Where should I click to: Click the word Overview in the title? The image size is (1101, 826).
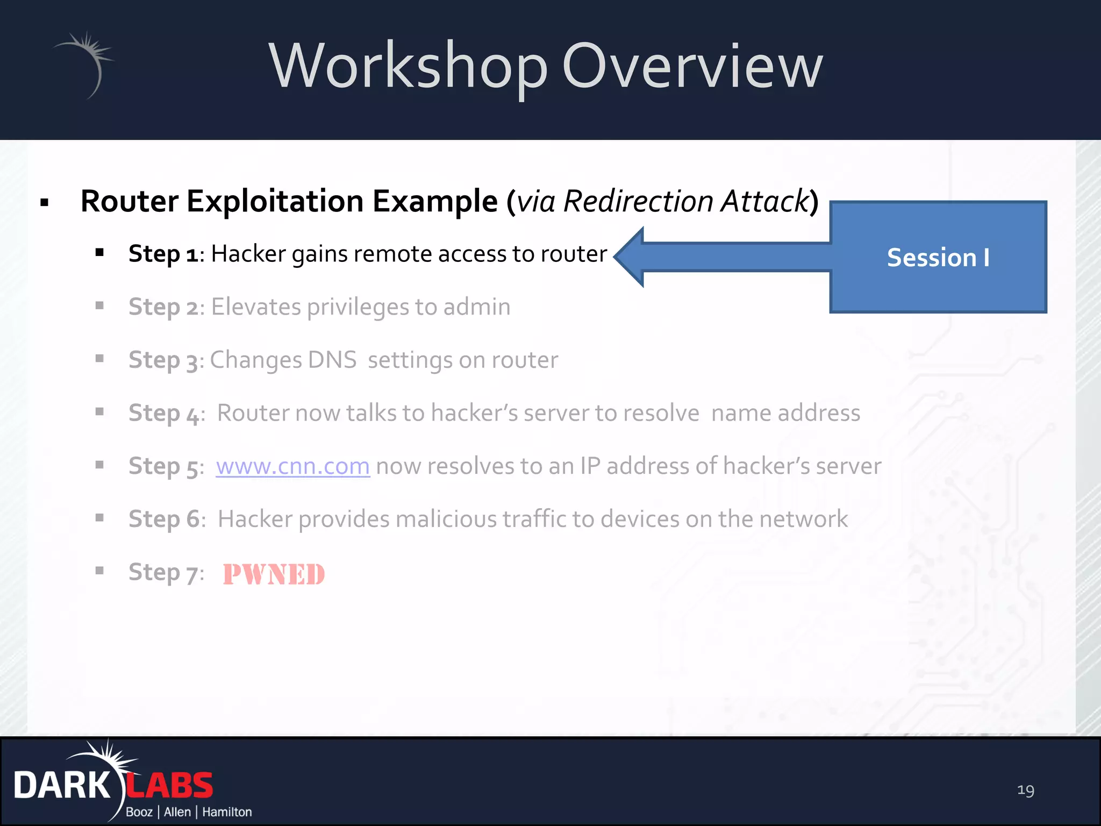click(x=692, y=67)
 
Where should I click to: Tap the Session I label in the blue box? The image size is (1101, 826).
click(x=938, y=258)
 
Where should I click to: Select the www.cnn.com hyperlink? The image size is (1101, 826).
click(x=293, y=466)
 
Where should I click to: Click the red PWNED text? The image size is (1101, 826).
click(x=274, y=574)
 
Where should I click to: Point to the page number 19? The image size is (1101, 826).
click(x=1025, y=790)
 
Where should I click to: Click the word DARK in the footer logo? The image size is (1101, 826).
click(x=62, y=786)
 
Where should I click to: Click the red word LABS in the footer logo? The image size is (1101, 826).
click(x=169, y=786)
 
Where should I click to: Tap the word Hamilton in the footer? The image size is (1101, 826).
click(x=227, y=812)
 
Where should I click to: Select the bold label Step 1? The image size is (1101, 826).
click(x=163, y=254)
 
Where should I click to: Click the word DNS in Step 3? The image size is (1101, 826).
click(x=332, y=360)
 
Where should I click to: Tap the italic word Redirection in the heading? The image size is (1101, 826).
click(x=639, y=202)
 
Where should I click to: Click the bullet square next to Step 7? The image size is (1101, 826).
click(x=99, y=571)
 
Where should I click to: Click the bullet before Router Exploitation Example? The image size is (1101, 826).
click(x=45, y=203)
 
